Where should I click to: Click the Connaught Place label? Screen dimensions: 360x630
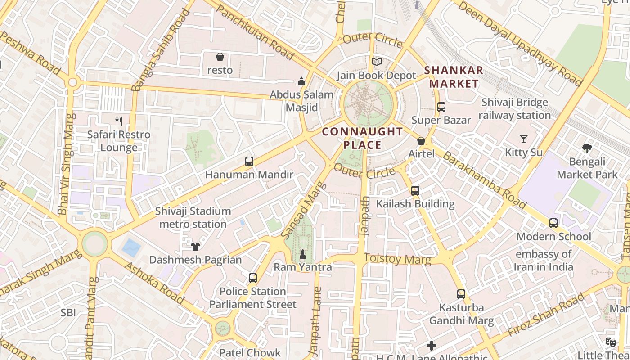pos(362,138)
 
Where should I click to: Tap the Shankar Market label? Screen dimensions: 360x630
pos(454,77)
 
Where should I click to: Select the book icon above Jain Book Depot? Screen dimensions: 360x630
pos(377,62)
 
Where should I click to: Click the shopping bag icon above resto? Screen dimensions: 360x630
pos(220,57)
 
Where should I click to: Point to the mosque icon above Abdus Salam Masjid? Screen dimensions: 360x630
pos(301,81)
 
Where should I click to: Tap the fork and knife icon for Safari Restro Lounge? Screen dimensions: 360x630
pos(119,121)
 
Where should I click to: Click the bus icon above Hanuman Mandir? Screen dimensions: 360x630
pos(249,161)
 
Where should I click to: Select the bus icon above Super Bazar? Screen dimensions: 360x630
pos(441,107)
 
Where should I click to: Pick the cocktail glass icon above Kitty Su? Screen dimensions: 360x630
pos(524,139)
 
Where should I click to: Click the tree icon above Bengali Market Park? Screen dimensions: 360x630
pos(587,148)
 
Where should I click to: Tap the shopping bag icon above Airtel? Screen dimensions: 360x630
pos(421,141)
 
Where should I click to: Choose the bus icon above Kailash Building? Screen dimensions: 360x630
pos(415,190)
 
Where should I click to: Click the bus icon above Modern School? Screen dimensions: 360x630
pos(553,223)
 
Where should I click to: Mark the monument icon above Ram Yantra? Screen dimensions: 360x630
pos(303,254)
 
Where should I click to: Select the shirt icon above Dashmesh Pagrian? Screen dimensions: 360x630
pos(195,246)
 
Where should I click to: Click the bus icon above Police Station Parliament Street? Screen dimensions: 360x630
pos(253,278)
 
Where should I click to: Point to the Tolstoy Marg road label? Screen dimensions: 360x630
pos(397,259)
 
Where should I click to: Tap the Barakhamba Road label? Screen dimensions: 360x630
pos(484,180)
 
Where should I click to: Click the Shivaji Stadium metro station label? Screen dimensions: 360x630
pos(193,217)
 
